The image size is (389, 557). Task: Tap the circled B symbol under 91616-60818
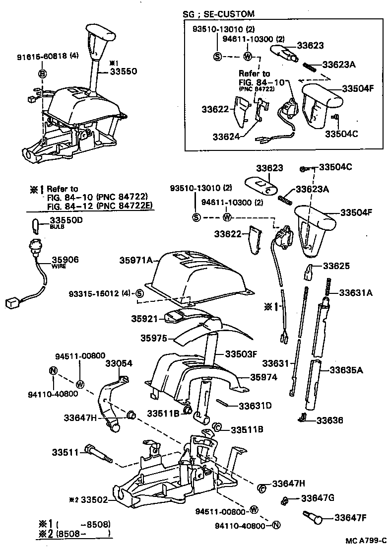point(43,74)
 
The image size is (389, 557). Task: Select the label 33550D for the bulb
point(66,220)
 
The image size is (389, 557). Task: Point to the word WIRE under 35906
point(59,266)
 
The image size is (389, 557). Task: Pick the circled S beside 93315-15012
point(139,294)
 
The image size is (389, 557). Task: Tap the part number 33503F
point(242,354)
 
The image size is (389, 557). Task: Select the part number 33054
point(119,363)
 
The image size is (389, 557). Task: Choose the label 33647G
point(318,498)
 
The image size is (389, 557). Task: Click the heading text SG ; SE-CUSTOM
point(219,13)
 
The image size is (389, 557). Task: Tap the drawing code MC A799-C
point(366,540)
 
